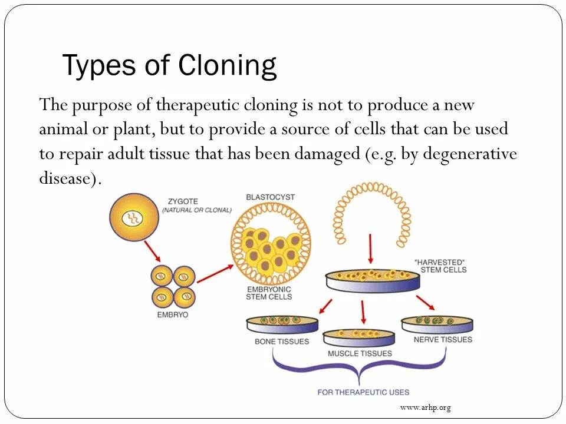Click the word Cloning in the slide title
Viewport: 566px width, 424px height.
pos(227,65)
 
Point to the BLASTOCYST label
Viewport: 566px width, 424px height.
pos(270,197)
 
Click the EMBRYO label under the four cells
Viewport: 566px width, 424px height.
pos(172,315)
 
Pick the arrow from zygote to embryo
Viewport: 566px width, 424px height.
pos(152,251)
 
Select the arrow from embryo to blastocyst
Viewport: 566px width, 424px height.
pos(215,274)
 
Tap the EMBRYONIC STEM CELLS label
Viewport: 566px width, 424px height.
pos(269,293)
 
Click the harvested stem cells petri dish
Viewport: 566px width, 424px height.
pos(372,280)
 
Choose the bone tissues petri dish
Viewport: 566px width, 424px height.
pos(282,324)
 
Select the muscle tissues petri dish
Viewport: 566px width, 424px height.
pos(358,337)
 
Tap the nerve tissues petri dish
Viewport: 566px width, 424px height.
pos(437,324)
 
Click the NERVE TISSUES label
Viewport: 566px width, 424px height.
pos(443,340)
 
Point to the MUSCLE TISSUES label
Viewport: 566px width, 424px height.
pos(360,353)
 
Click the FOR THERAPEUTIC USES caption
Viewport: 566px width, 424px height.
pos(363,392)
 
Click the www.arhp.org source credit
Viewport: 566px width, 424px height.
pos(425,408)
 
